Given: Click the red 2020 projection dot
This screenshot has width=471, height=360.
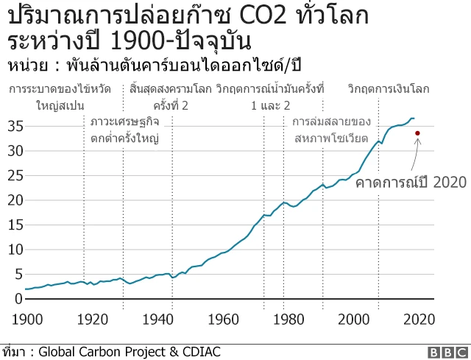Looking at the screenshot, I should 417,133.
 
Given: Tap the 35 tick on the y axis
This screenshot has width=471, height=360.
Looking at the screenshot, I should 15,126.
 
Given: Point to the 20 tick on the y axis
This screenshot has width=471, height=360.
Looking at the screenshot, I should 15,200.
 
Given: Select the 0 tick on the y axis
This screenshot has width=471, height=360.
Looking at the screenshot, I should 18,299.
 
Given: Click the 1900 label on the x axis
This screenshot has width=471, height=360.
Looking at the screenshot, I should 26,319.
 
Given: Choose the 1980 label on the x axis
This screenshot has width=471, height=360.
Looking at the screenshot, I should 288,319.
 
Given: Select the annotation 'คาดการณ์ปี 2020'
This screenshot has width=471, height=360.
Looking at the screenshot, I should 401,182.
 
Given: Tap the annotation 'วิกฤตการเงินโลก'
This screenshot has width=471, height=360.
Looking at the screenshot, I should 388,89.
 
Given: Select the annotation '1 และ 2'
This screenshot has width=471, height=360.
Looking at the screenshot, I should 270,105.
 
